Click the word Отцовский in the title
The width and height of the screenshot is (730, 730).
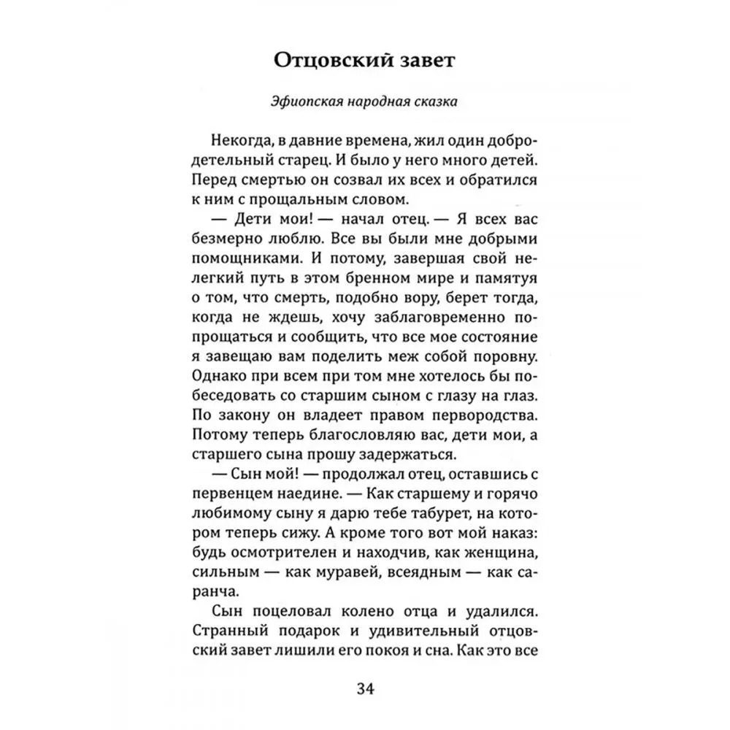coord(327,61)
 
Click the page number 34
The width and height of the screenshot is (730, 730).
coord(365,688)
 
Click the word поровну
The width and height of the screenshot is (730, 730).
coord(501,357)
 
